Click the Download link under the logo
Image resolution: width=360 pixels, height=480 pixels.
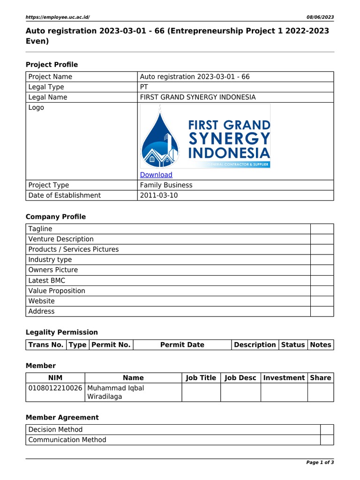(x=156, y=175)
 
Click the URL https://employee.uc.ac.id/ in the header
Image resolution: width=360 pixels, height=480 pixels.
(x=57, y=17)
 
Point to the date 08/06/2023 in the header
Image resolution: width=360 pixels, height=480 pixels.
(x=320, y=17)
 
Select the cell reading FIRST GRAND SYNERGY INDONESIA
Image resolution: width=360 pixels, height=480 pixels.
(x=198, y=97)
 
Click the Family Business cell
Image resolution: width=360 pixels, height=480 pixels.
(x=166, y=185)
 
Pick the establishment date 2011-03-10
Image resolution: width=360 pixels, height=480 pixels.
(x=158, y=195)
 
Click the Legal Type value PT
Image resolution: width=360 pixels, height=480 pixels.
(x=144, y=87)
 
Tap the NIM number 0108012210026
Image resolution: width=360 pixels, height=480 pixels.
(x=55, y=388)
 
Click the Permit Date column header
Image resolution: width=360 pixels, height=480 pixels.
(x=182, y=345)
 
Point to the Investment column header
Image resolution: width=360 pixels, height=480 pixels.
(x=284, y=378)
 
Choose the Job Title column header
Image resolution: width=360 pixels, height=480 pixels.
(x=201, y=378)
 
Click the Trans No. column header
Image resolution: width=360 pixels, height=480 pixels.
(x=46, y=345)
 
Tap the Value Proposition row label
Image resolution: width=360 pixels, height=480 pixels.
(x=57, y=291)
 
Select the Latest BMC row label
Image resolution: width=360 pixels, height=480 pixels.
(x=47, y=280)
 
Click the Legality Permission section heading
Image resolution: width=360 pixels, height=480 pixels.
(x=61, y=332)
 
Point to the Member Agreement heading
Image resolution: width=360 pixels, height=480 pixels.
(x=62, y=417)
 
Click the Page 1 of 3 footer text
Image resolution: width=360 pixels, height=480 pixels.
(x=320, y=463)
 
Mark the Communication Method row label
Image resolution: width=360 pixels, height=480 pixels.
(x=67, y=440)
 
